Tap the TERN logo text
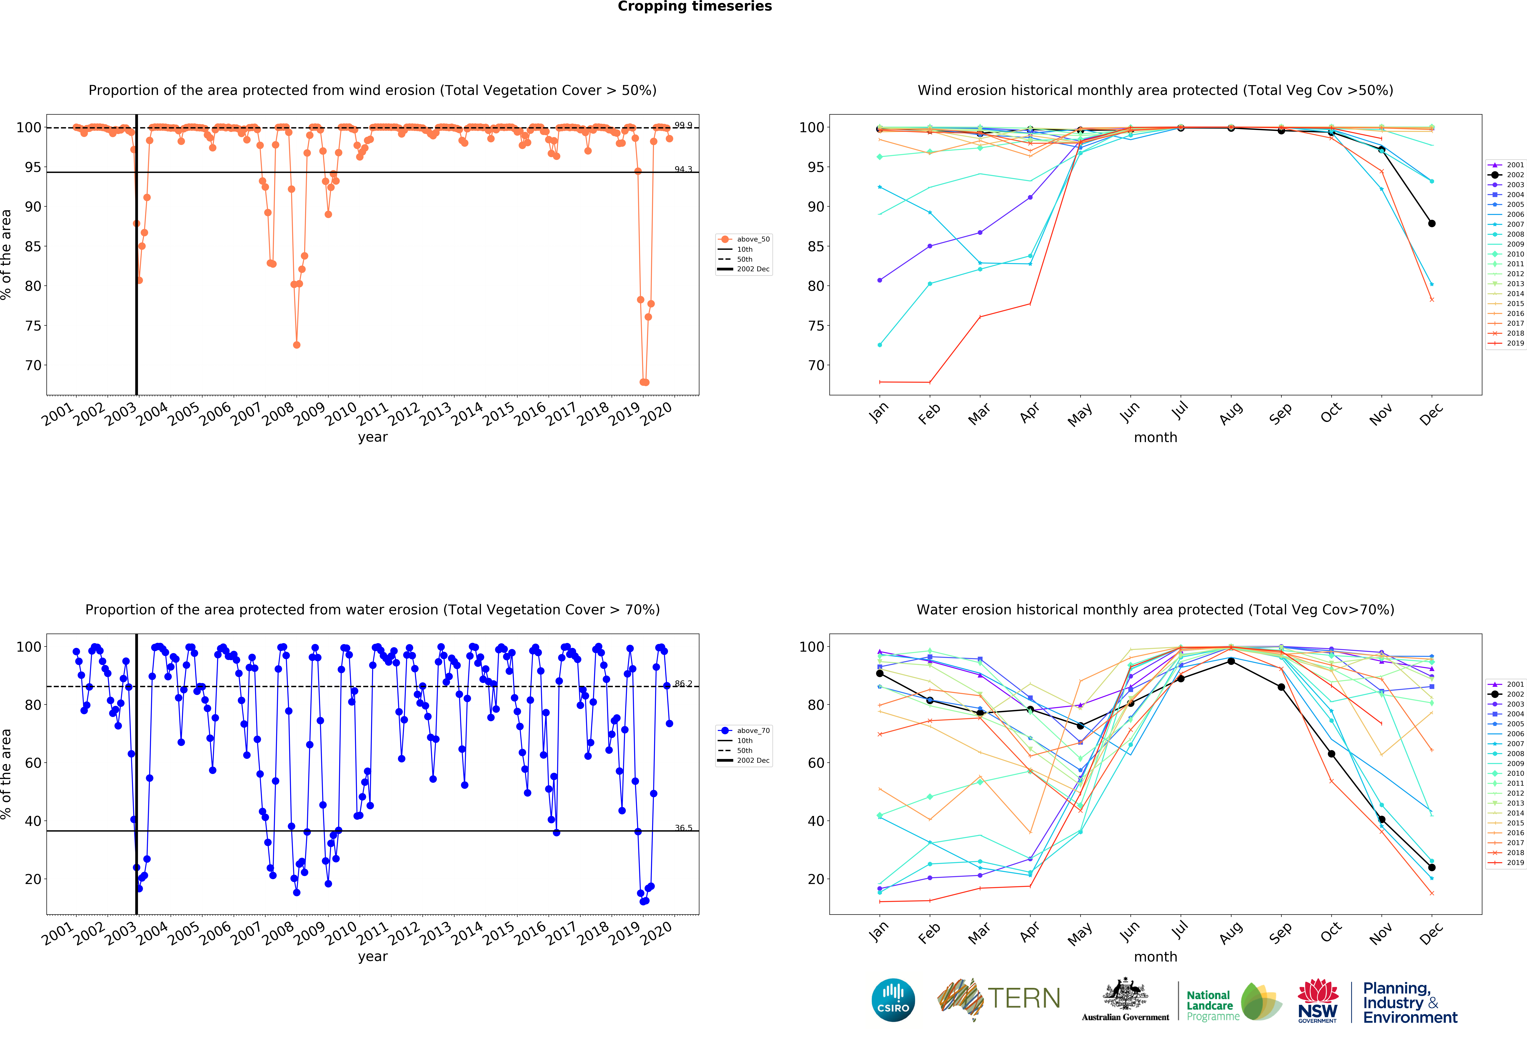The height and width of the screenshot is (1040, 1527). tap(1024, 999)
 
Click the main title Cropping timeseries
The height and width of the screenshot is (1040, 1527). tap(695, 7)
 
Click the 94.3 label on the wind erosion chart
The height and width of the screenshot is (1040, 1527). tap(683, 169)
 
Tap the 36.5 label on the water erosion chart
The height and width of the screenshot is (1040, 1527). tap(683, 828)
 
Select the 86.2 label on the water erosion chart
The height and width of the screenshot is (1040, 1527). tap(683, 684)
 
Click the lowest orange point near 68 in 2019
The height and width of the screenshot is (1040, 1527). tap(644, 382)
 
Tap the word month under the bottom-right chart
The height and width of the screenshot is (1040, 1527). tap(1155, 957)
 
